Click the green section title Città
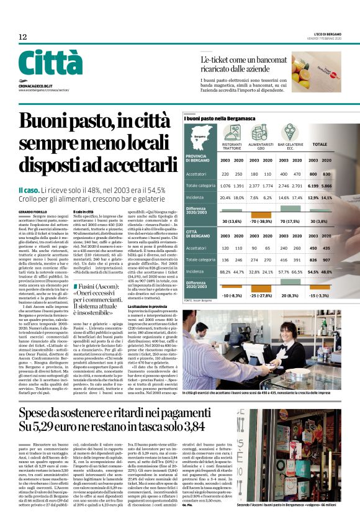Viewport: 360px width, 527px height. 50,64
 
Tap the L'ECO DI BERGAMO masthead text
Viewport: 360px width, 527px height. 323,34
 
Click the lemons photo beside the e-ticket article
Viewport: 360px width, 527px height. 316,72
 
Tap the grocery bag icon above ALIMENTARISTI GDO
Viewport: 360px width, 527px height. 259,133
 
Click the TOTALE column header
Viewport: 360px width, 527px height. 320,143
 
